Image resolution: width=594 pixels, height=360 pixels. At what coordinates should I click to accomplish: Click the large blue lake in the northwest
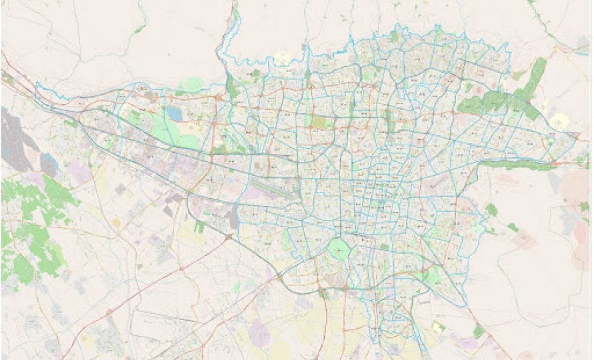174,114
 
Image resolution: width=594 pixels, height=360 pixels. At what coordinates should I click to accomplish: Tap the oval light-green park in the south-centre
339,250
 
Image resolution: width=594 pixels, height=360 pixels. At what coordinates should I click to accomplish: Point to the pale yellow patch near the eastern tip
559,121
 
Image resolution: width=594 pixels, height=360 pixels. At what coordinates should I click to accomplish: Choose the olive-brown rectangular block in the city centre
320,123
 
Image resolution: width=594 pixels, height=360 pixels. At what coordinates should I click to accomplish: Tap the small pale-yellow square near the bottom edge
437,327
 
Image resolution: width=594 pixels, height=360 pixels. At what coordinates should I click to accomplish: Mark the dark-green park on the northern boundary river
231,87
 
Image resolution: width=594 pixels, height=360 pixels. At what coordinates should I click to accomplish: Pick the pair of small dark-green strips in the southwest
199,227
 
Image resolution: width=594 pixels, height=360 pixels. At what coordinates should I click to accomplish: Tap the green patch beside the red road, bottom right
479,331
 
